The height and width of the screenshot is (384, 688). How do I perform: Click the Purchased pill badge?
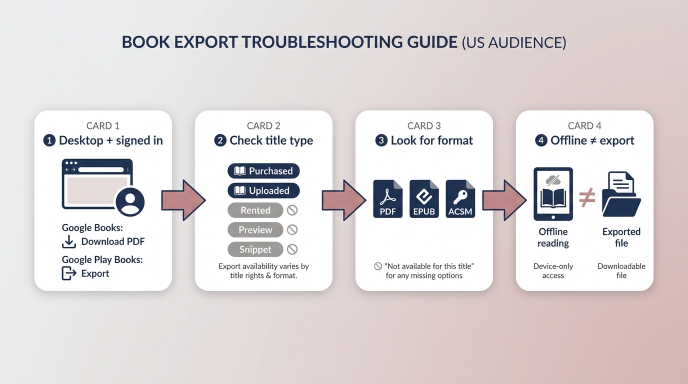(263, 171)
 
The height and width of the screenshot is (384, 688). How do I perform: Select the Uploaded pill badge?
(263, 190)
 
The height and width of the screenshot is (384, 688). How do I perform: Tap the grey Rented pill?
(255, 210)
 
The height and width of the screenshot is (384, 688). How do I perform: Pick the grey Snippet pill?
(255, 249)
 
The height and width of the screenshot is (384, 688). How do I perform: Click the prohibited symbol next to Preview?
(292, 230)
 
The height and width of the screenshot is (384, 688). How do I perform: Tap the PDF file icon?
(387, 199)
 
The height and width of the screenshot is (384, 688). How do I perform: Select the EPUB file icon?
(424, 199)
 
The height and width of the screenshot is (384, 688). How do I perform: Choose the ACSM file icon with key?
(460, 199)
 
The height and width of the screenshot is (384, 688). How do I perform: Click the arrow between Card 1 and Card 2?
(183, 200)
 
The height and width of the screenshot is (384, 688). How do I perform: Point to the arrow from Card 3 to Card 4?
(504, 200)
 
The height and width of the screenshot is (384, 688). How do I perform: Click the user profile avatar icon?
(130, 201)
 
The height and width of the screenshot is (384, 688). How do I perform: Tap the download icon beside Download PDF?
(69, 242)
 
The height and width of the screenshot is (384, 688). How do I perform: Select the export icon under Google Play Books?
(69, 273)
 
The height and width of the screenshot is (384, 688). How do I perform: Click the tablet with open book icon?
(553, 194)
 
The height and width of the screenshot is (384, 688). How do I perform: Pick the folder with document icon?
(621, 194)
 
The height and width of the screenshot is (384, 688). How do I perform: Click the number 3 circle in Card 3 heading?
(381, 140)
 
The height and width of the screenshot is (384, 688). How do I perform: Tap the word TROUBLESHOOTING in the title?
(322, 42)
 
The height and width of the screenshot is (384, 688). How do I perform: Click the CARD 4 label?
(584, 125)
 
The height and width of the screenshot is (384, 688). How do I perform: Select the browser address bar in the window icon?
(101, 169)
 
